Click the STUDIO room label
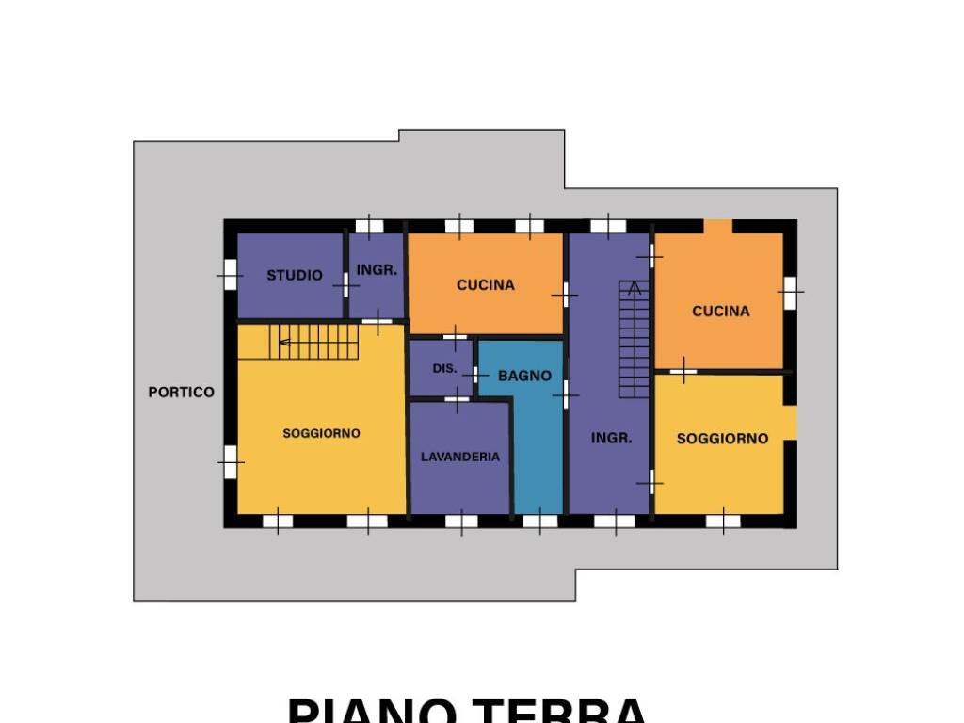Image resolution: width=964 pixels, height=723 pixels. click(x=294, y=275)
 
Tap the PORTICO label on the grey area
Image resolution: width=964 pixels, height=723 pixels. click(x=181, y=393)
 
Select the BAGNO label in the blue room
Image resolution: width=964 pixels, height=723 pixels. click(x=524, y=376)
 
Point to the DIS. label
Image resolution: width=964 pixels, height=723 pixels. click(x=444, y=368)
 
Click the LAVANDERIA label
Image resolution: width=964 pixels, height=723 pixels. click(x=459, y=457)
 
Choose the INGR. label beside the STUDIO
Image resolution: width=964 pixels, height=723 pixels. click(x=377, y=269)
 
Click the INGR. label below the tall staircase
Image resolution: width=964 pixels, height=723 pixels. click(x=611, y=438)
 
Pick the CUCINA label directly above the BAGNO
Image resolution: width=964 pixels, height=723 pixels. click(x=486, y=284)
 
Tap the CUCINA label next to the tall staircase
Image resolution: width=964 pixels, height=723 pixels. click(x=721, y=311)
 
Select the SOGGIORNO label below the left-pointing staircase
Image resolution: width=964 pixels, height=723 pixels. click(x=321, y=433)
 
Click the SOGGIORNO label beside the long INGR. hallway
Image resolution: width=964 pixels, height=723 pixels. click(x=722, y=439)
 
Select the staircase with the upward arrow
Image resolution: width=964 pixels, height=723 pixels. click(x=634, y=339)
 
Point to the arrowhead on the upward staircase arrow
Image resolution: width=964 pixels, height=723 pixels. click(x=634, y=285)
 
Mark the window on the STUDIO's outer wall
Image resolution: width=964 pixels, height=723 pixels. click(x=230, y=275)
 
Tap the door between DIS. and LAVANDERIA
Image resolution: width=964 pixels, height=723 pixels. click(x=457, y=400)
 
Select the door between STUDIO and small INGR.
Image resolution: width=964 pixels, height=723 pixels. click(x=345, y=283)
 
